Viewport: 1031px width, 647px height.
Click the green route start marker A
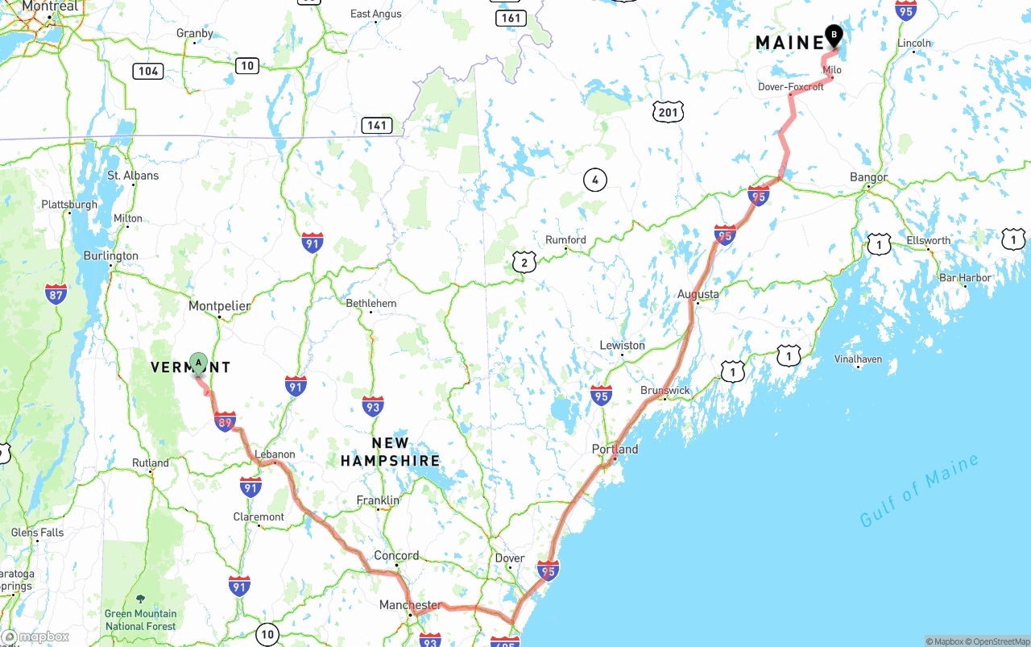click(x=198, y=363)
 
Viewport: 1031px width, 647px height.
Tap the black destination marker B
click(x=834, y=35)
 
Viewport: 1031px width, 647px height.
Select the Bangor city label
click(x=868, y=177)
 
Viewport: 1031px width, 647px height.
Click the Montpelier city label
click(x=219, y=306)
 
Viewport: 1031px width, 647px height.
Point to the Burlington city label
click(x=111, y=256)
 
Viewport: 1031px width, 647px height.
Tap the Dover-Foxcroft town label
click(x=790, y=87)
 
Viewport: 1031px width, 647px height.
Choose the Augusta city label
click(x=698, y=294)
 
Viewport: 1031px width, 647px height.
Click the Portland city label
click(x=615, y=450)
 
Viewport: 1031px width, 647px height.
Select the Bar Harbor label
click(x=965, y=278)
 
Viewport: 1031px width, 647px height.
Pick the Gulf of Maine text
click(x=919, y=490)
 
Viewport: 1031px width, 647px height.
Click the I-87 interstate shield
click(x=56, y=293)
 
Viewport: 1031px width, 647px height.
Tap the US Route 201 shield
click(x=669, y=112)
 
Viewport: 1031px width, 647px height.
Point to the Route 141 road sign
click(x=376, y=125)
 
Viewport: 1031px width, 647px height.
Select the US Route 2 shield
click(x=524, y=261)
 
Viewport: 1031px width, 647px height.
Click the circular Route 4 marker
click(x=594, y=180)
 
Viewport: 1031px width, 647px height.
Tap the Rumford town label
click(x=565, y=240)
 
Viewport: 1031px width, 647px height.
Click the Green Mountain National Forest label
click(x=140, y=619)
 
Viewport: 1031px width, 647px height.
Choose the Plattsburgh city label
click(x=69, y=205)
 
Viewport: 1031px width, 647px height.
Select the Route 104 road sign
click(x=148, y=71)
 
